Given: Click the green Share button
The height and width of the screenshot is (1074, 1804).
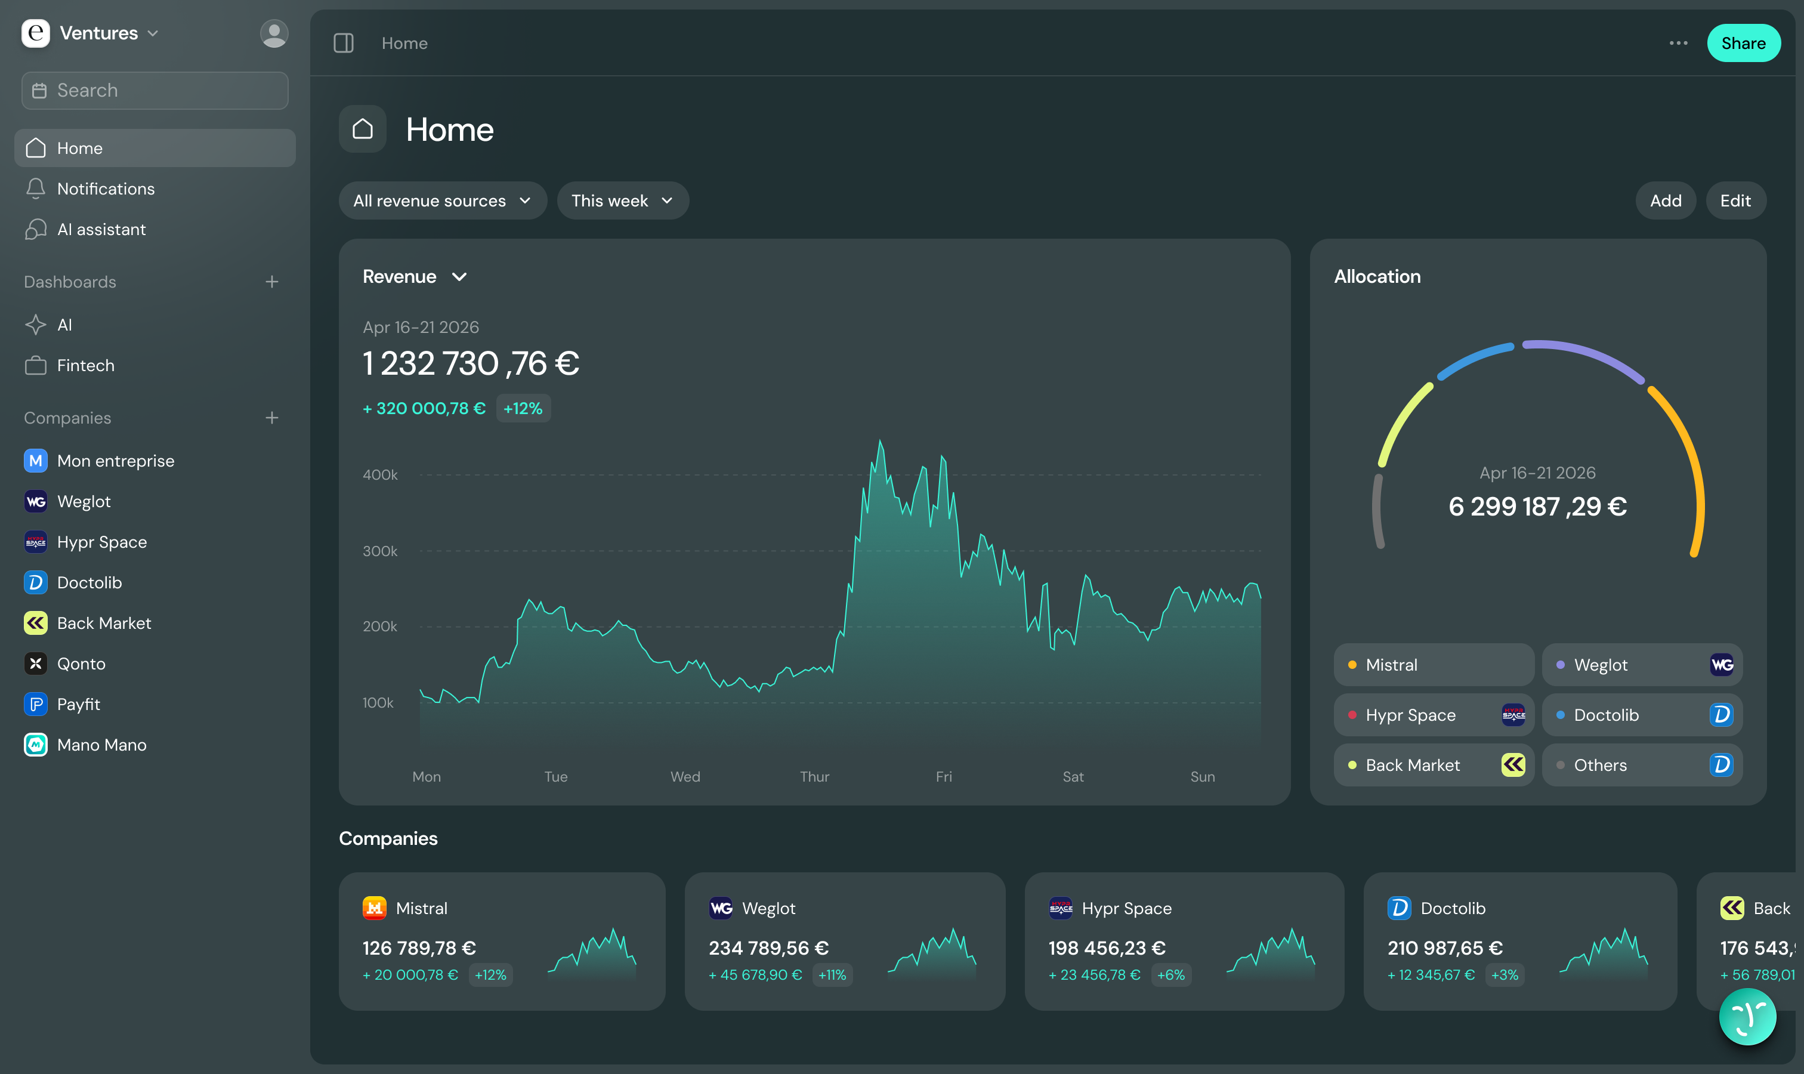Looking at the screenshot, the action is (1743, 43).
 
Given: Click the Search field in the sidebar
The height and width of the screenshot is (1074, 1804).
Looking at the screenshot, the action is (155, 91).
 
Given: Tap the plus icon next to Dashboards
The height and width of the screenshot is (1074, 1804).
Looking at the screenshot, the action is (272, 282).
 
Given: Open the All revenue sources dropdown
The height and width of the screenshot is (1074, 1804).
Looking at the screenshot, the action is (442, 200).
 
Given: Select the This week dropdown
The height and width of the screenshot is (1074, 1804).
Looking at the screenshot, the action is (622, 200).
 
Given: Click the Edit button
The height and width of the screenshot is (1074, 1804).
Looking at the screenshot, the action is (1735, 200).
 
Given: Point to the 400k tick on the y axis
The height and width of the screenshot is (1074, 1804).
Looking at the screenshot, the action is (380, 475).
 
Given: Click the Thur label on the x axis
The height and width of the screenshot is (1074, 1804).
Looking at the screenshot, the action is (814, 776).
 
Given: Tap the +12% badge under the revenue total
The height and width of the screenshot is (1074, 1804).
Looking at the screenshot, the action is (523, 408).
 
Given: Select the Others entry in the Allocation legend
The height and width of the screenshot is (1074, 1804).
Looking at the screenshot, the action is (1642, 765).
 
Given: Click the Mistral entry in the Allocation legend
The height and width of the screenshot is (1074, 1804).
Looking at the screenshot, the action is (1434, 664).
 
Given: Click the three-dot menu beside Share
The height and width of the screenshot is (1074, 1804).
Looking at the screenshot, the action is (1678, 43).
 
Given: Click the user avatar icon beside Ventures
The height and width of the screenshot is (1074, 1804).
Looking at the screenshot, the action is (274, 33).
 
